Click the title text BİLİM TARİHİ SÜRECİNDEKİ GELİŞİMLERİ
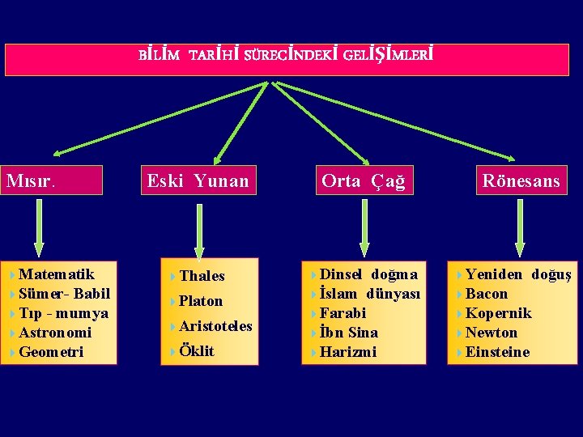click(286, 57)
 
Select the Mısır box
click(53, 180)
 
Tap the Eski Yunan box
click(198, 180)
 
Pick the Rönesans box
click(521, 180)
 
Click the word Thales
click(202, 276)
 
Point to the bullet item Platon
click(200, 301)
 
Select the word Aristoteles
click(215, 326)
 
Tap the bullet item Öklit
click(197, 351)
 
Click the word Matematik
click(57, 274)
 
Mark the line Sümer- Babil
click(64, 294)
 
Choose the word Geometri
click(51, 352)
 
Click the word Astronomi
click(55, 333)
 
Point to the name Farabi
click(343, 313)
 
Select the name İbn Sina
click(348, 333)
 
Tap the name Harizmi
click(348, 352)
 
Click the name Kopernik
click(498, 313)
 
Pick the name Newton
click(492, 333)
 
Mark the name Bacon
click(487, 294)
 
